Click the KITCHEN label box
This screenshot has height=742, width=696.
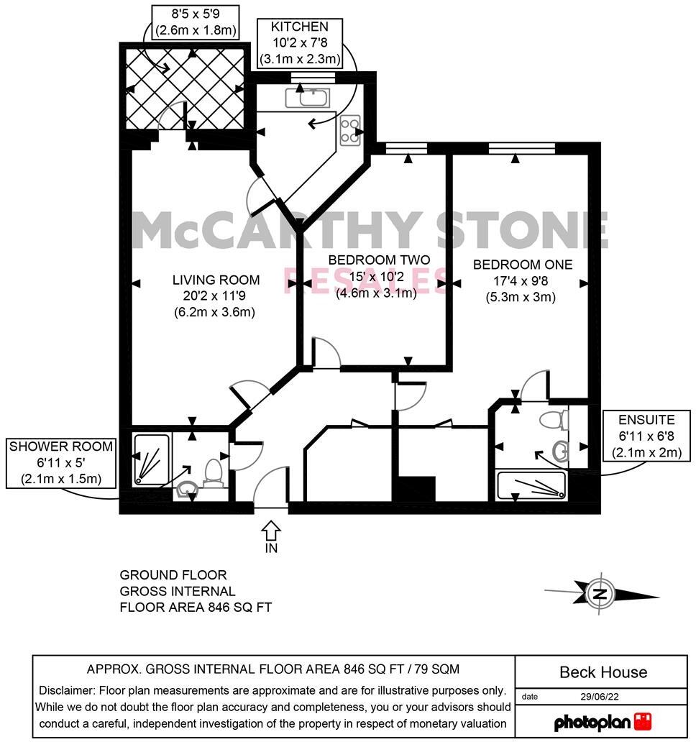click(x=299, y=43)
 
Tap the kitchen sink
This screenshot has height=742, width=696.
click(x=308, y=97)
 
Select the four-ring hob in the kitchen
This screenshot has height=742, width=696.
click(x=350, y=130)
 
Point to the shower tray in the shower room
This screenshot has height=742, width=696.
click(x=151, y=459)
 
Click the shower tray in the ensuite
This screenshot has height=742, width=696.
click(x=531, y=487)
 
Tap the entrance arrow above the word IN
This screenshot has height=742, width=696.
click(x=270, y=532)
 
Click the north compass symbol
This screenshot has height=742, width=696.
click(x=599, y=594)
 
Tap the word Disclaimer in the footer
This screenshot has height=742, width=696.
click(x=68, y=690)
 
